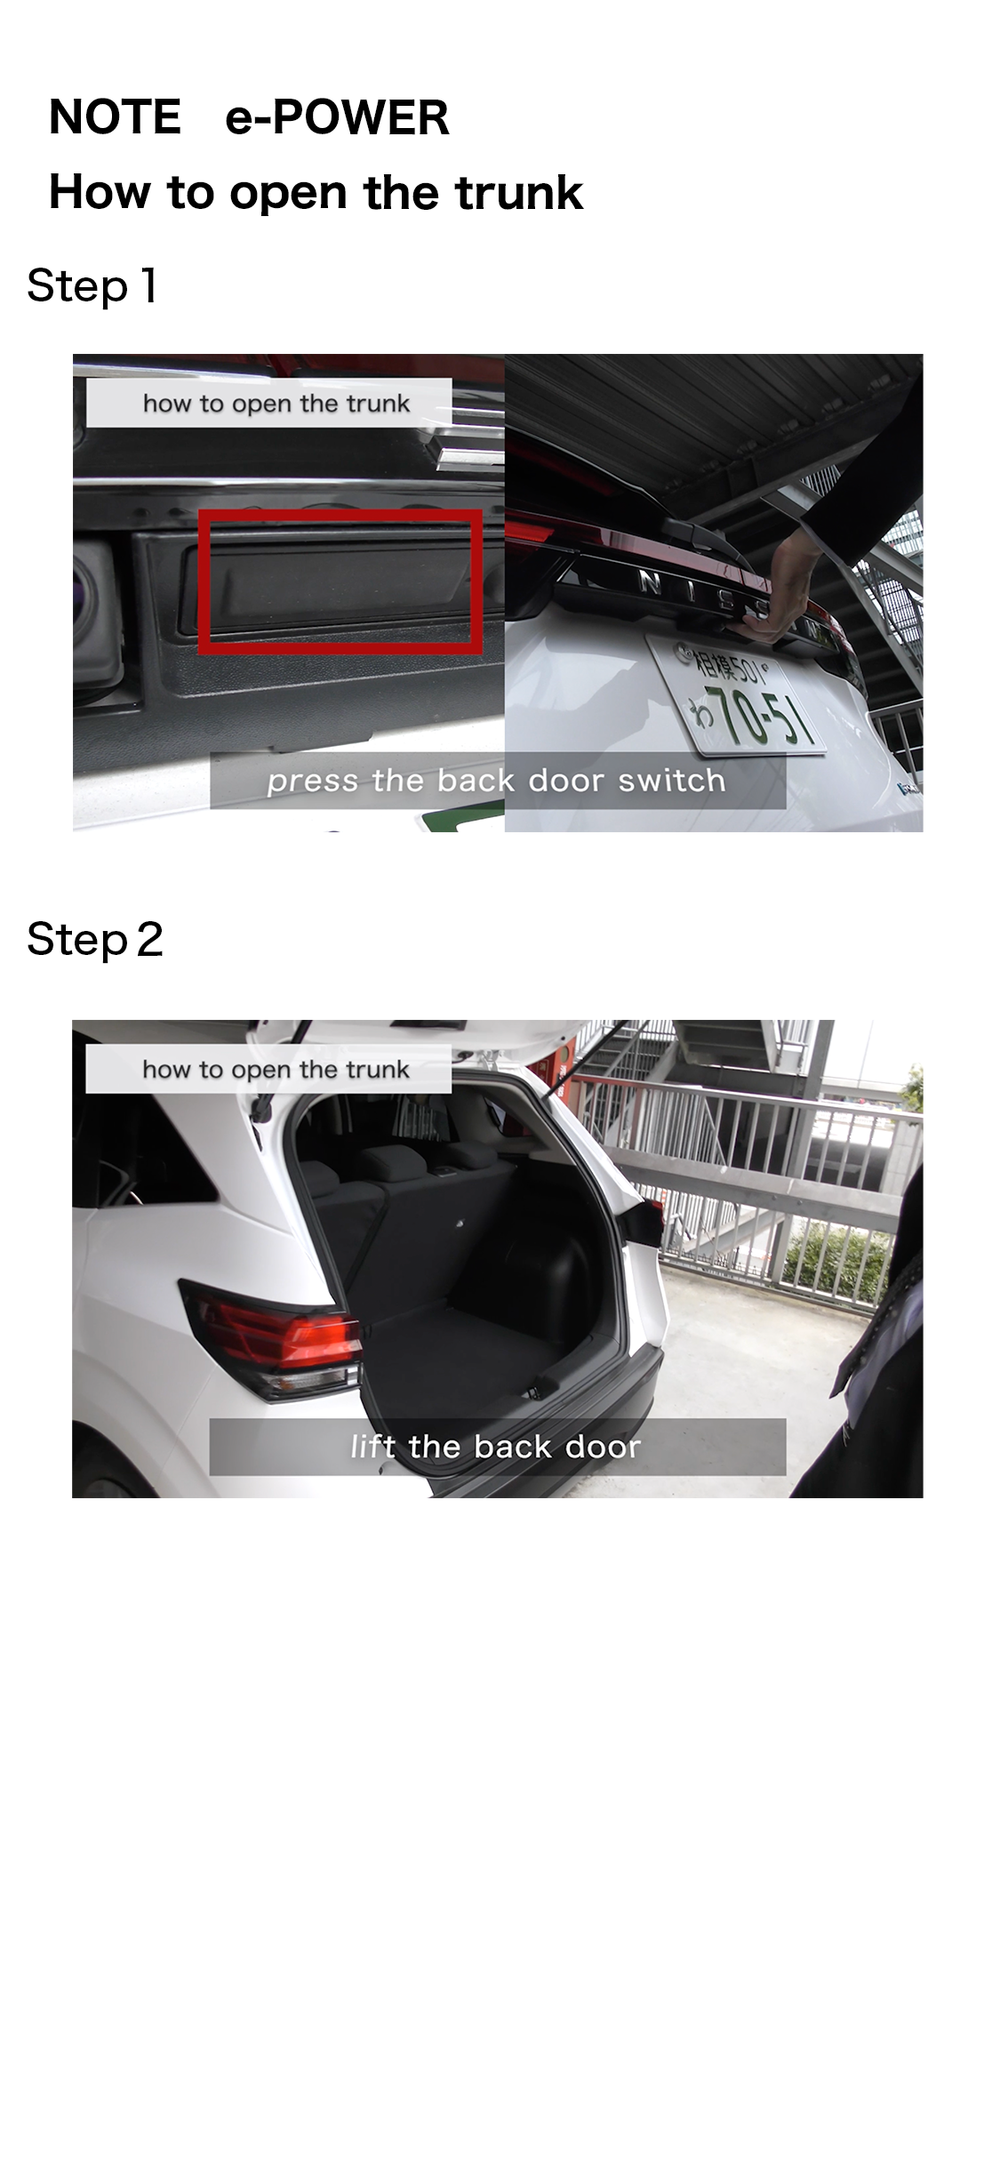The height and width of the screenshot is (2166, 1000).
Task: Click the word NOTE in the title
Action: (x=115, y=117)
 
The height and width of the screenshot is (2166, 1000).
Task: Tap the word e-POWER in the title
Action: (x=337, y=117)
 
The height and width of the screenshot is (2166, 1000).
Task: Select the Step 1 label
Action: (x=92, y=286)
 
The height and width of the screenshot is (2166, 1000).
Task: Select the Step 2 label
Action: (x=95, y=939)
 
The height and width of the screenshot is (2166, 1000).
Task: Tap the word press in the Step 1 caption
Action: (x=314, y=782)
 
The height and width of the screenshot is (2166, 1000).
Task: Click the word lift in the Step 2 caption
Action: (x=372, y=1447)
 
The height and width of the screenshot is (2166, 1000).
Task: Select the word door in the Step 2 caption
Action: (x=602, y=1447)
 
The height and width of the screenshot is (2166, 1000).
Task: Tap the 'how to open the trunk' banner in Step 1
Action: (x=269, y=403)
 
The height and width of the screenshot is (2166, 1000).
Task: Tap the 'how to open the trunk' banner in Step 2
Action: (x=268, y=1069)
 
